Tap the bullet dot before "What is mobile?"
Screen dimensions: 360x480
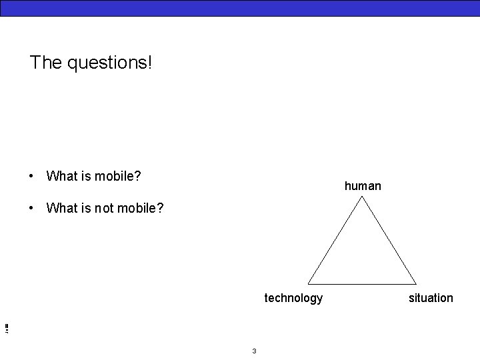(31, 176)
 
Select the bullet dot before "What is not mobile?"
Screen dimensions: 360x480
(31, 208)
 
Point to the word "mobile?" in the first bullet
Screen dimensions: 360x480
(118, 176)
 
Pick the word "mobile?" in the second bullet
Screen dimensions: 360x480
(140, 208)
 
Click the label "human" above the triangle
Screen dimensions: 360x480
(363, 186)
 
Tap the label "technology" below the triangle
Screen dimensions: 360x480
(293, 298)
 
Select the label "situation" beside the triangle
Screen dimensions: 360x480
(431, 298)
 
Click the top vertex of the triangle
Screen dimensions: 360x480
(362, 198)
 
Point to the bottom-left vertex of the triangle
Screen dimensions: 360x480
(309, 284)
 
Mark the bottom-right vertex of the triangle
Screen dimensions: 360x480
(416, 284)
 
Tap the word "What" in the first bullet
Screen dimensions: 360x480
(63, 176)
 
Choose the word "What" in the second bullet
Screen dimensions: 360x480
(63, 208)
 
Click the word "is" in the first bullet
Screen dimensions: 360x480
(87, 176)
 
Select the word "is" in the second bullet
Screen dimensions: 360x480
(87, 208)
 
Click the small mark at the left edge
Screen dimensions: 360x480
(5, 328)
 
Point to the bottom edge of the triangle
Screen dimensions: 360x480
(362, 284)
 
